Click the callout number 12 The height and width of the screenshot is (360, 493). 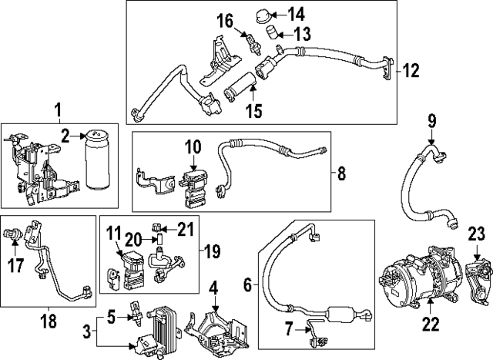pyautogui.click(x=411, y=71)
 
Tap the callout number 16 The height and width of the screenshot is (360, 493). pyautogui.click(x=223, y=19)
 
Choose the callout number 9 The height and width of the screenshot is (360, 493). pyautogui.click(x=431, y=120)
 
